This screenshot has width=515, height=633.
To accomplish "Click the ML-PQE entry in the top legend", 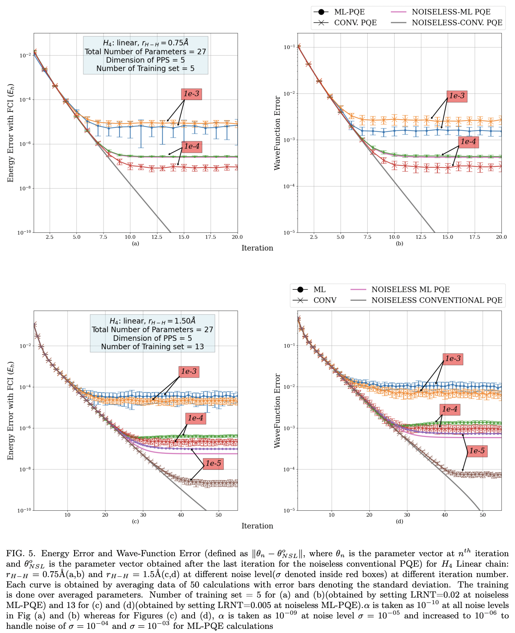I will (349, 12).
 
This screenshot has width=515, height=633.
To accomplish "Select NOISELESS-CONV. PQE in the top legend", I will (457, 23).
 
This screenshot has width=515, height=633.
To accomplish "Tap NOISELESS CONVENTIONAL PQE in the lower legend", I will (437, 300).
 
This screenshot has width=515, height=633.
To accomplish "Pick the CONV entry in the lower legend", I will (325, 300).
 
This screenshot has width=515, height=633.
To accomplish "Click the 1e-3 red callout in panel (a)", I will (191, 94).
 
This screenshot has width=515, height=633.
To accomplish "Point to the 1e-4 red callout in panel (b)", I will (468, 142).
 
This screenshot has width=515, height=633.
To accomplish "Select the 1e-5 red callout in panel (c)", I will (213, 463).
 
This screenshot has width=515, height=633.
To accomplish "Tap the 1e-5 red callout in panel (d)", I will (477, 451).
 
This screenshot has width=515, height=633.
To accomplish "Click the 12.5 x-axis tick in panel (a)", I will (157, 237).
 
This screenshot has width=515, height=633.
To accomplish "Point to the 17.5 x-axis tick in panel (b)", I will (475, 237).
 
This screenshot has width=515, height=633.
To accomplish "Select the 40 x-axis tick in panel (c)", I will (181, 515).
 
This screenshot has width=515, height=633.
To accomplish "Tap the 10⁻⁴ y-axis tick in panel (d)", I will (289, 469).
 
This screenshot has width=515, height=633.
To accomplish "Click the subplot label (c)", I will (136, 521).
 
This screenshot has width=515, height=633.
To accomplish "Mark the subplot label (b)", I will (400, 244).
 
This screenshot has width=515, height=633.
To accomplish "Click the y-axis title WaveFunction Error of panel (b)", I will (277, 133).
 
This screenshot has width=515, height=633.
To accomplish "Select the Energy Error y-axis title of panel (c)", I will (11, 411).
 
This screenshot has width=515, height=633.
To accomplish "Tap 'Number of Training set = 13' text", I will (152, 347).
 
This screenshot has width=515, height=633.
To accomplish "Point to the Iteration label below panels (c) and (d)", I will (257, 526).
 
